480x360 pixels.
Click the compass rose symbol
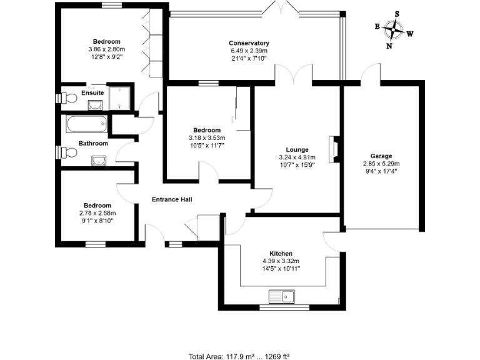(393, 29)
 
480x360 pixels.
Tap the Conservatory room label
(249, 43)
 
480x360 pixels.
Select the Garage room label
(381, 156)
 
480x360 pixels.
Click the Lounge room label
(297, 150)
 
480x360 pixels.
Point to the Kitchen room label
(281, 254)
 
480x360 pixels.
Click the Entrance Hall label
(172, 199)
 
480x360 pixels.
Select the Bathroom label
(93, 143)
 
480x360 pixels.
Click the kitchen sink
(283, 295)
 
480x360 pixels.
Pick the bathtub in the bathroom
(87, 125)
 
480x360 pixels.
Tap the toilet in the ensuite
(67, 98)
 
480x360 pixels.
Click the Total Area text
(239, 356)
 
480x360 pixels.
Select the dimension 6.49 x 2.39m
(249, 51)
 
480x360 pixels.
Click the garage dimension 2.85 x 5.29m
(381, 164)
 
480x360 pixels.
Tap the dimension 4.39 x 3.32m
(281, 261)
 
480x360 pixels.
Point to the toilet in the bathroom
(67, 152)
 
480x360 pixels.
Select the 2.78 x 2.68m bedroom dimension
(97, 213)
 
